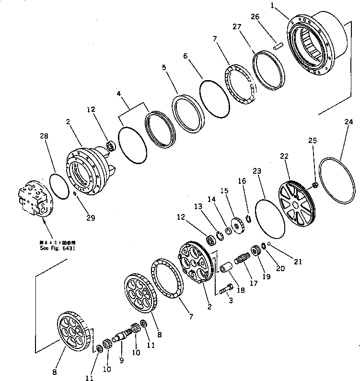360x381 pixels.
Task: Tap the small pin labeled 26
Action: click(x=277, y=47)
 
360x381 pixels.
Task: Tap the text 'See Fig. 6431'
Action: click(x=58, y=249)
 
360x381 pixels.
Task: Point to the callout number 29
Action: click(x=90, y=218)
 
